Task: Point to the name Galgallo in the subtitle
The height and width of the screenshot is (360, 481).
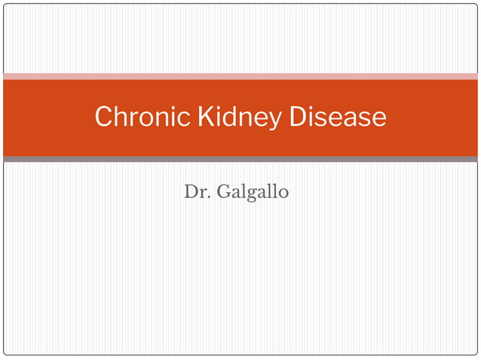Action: click(x=253, y=193)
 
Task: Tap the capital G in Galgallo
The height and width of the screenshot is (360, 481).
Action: click(x=223, y=192)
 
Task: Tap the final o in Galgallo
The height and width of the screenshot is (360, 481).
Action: click(x=283, y=194)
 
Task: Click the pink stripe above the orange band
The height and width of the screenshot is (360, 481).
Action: click(x=240, y=76)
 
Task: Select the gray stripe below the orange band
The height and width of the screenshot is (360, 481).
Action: click(x=240, y=159)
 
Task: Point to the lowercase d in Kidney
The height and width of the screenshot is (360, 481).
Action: click(x=221, y=117)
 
